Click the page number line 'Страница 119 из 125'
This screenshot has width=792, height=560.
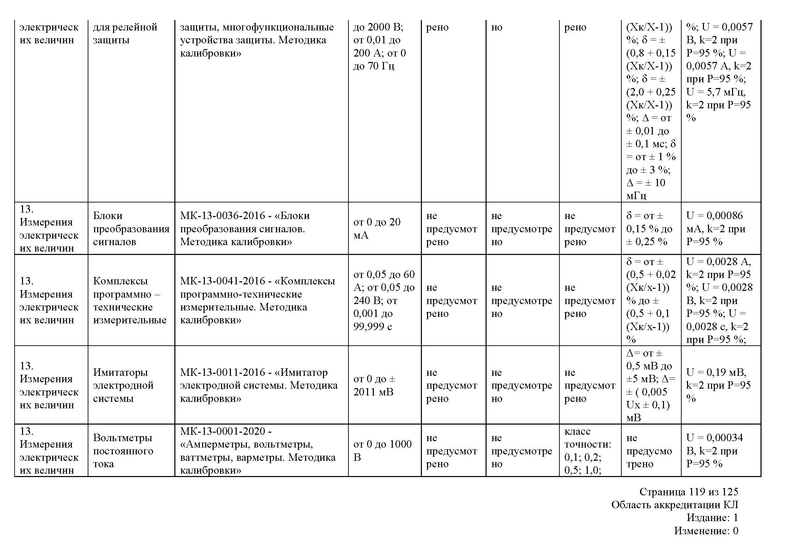[688, 491]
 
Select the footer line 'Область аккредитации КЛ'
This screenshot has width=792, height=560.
[675, 504]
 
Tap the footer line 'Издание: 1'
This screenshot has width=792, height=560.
[712, 518]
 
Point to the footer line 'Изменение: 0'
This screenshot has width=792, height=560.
[706, 531]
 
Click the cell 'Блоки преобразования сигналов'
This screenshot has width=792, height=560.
[131, 229]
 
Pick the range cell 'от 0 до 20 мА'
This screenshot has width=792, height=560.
[377, 229]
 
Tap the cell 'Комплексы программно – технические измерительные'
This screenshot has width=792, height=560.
[129, 300]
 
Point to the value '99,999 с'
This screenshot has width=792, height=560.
[372, 326]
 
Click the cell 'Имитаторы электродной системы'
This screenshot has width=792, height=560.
[123, 385]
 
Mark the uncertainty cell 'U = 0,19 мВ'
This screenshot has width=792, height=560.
[716, 372]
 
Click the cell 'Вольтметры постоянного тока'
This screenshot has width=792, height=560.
[123, 451]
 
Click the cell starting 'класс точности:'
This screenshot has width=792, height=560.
[587, 451]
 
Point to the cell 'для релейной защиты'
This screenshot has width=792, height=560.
[125, 34]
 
